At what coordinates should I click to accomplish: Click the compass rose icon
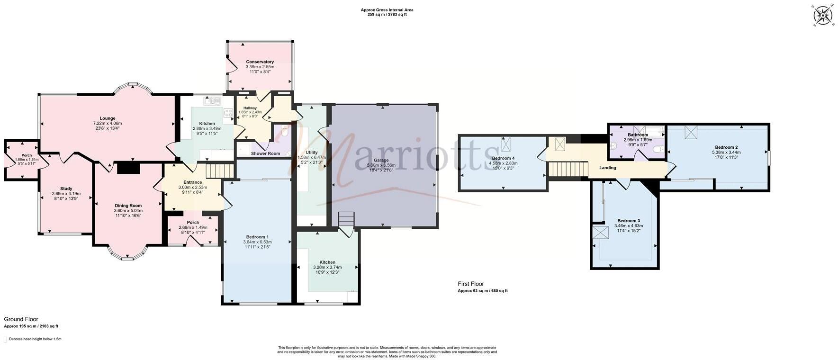pyautogui.click(x=823, y=16)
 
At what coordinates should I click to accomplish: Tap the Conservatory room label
pyautogui.click(x=260, y=62)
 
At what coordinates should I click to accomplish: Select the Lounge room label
pyautogui.click(x=108, y=118)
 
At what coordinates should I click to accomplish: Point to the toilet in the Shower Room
pyautogui.click(x=284, y=133)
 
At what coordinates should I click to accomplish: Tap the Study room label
pyautogui.click(x=66, y=189)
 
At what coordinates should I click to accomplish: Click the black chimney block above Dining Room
pyautogui.click(x=127, y=168)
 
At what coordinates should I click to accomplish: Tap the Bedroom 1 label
pyautogui.click(x=257, y=237)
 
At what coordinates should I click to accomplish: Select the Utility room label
pyautogui.click(x=311, y=152)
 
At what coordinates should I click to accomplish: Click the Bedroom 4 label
pyautogui.click(x=503, y=158)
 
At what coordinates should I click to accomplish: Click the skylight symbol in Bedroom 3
pyautogui.click(x=601, y=233)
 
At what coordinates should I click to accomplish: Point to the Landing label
pyautogui.click(x=607, y=168)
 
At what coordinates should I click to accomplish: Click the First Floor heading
pyautogui.click(x=471, y=284)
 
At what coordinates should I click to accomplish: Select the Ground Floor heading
pyautogui.click(x=21, y=319)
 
